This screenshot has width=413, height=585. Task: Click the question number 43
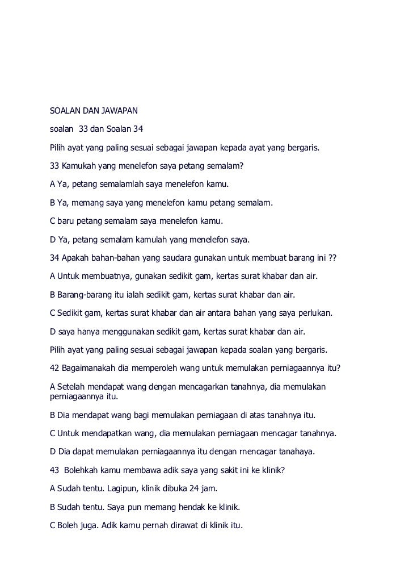pyautogui.click(x=55, y=470)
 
